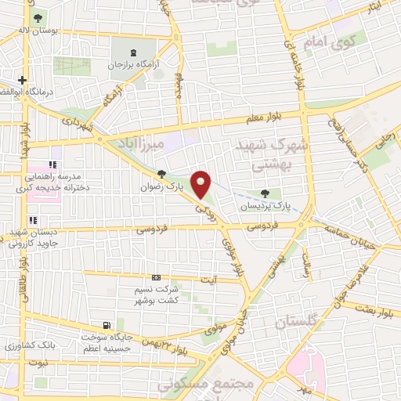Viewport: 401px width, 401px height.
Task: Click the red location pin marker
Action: [201, 185]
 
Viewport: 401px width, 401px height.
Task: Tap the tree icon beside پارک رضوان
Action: [161, 174]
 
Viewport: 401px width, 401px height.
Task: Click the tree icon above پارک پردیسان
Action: [266, 193]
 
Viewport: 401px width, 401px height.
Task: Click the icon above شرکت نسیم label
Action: [155, 277]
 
